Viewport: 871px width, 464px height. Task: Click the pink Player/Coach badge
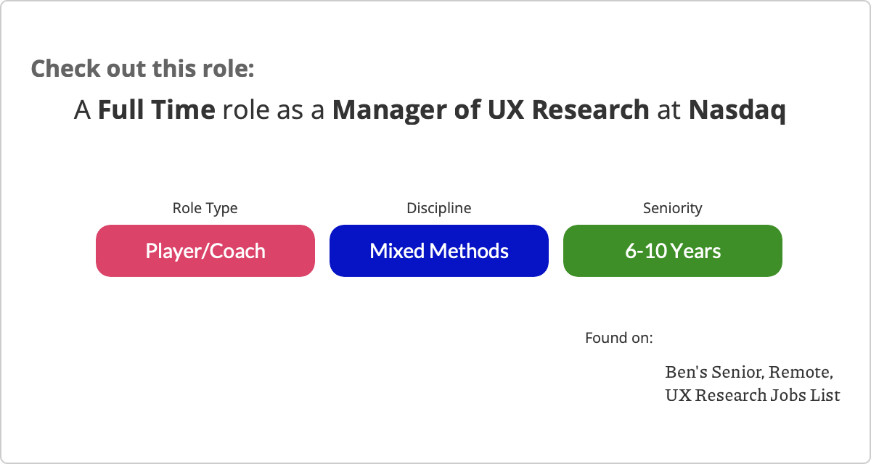[205, 251]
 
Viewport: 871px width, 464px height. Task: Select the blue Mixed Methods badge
[439, 251]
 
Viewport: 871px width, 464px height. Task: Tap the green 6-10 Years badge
[673, 251]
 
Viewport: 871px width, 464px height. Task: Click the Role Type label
[205, 209]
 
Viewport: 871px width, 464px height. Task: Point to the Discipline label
[439, 208]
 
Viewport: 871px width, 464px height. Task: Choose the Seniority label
[673, 208]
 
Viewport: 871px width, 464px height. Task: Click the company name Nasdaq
[737, 110]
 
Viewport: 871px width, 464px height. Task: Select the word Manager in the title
[389, 110]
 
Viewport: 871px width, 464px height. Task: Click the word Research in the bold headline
[591, 109]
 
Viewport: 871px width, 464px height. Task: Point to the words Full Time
[156, 109]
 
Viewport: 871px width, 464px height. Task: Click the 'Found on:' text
[619, 338]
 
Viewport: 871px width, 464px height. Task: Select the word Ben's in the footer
[687, 372]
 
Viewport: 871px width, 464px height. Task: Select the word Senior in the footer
[738, 373]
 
